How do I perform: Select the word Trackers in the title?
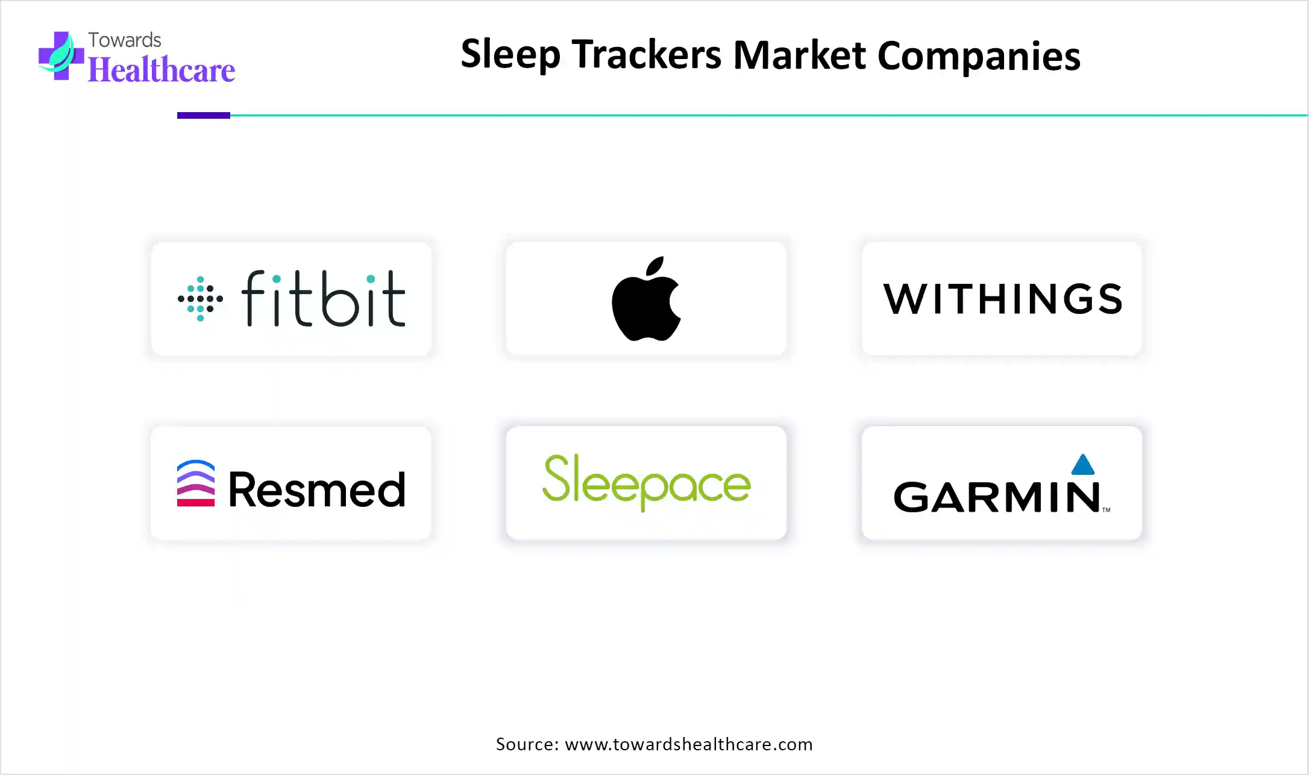[x=646, y=54]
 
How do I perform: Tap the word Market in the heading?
[x=799, y=55]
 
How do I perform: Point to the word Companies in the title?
[x=979, y=56]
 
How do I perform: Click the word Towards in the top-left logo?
[x=125, y=40]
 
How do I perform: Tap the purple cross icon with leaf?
[x=61, y=55]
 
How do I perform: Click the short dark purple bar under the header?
[x=204, y=115]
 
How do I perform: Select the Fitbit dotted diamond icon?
[x=200, y=299]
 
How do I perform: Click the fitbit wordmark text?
[x=324, y=298]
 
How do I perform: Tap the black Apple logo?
[x=646, y=299]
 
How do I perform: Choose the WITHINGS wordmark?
[x=1002, y=299]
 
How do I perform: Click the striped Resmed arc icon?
[x=196, y=483]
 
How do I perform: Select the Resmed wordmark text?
[x=317, y=489]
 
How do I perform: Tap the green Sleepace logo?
[x=647, y=482]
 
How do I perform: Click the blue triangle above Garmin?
[x=1083, y=464]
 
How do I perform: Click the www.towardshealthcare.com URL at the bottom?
[x=689, y=744]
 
